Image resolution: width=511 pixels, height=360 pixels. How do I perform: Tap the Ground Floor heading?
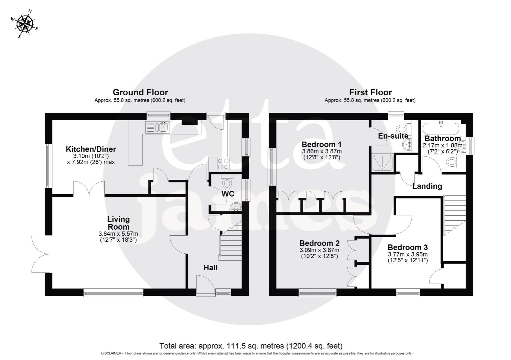pyautogui.click(x=140, y=92)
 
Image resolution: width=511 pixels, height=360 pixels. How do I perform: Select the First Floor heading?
pyautogui.click(x=370, y=92)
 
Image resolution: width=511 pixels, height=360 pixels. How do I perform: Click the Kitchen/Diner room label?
pyautogui.click(x=91, y=149)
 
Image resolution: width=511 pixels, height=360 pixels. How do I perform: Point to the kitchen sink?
pyautogui.click(x=157, y=127)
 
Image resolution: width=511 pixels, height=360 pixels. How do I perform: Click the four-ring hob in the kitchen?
pyautogui.click(x=223, y=164)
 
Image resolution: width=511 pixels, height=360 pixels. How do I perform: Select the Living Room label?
pyautogui.click(x=118, y=223)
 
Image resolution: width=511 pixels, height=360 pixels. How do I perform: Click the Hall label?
pyautogui.click(x=210, y=268)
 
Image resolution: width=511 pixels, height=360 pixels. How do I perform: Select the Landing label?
pyautogui.click(x=427, y=186)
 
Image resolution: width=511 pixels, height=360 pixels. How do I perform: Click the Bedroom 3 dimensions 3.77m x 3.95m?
pyautogui.click(x=408, y=254)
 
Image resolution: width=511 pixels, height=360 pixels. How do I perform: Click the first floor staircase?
pyautogui.click(x=454, y=213)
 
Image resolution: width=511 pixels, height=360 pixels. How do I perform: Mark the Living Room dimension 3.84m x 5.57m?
pyautogui.click(x=118, y=234)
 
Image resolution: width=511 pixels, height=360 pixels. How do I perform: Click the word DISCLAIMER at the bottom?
pyautogui.click(x=112, y=353)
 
